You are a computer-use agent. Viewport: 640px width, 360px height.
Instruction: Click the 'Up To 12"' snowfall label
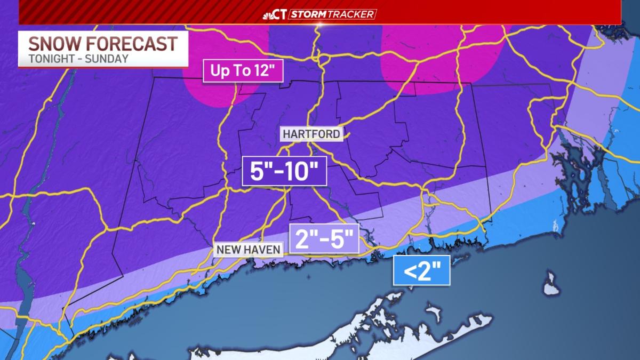pyautogui.click(x=242, y=71)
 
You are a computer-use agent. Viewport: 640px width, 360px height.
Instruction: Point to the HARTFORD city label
pyautogui.click(x=311, y=134)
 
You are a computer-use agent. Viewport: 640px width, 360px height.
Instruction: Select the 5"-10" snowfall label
pyautogui.click(x=284, y=171)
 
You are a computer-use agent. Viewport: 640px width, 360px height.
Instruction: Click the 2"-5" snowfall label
pyautogui.click(x=324, y=238)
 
